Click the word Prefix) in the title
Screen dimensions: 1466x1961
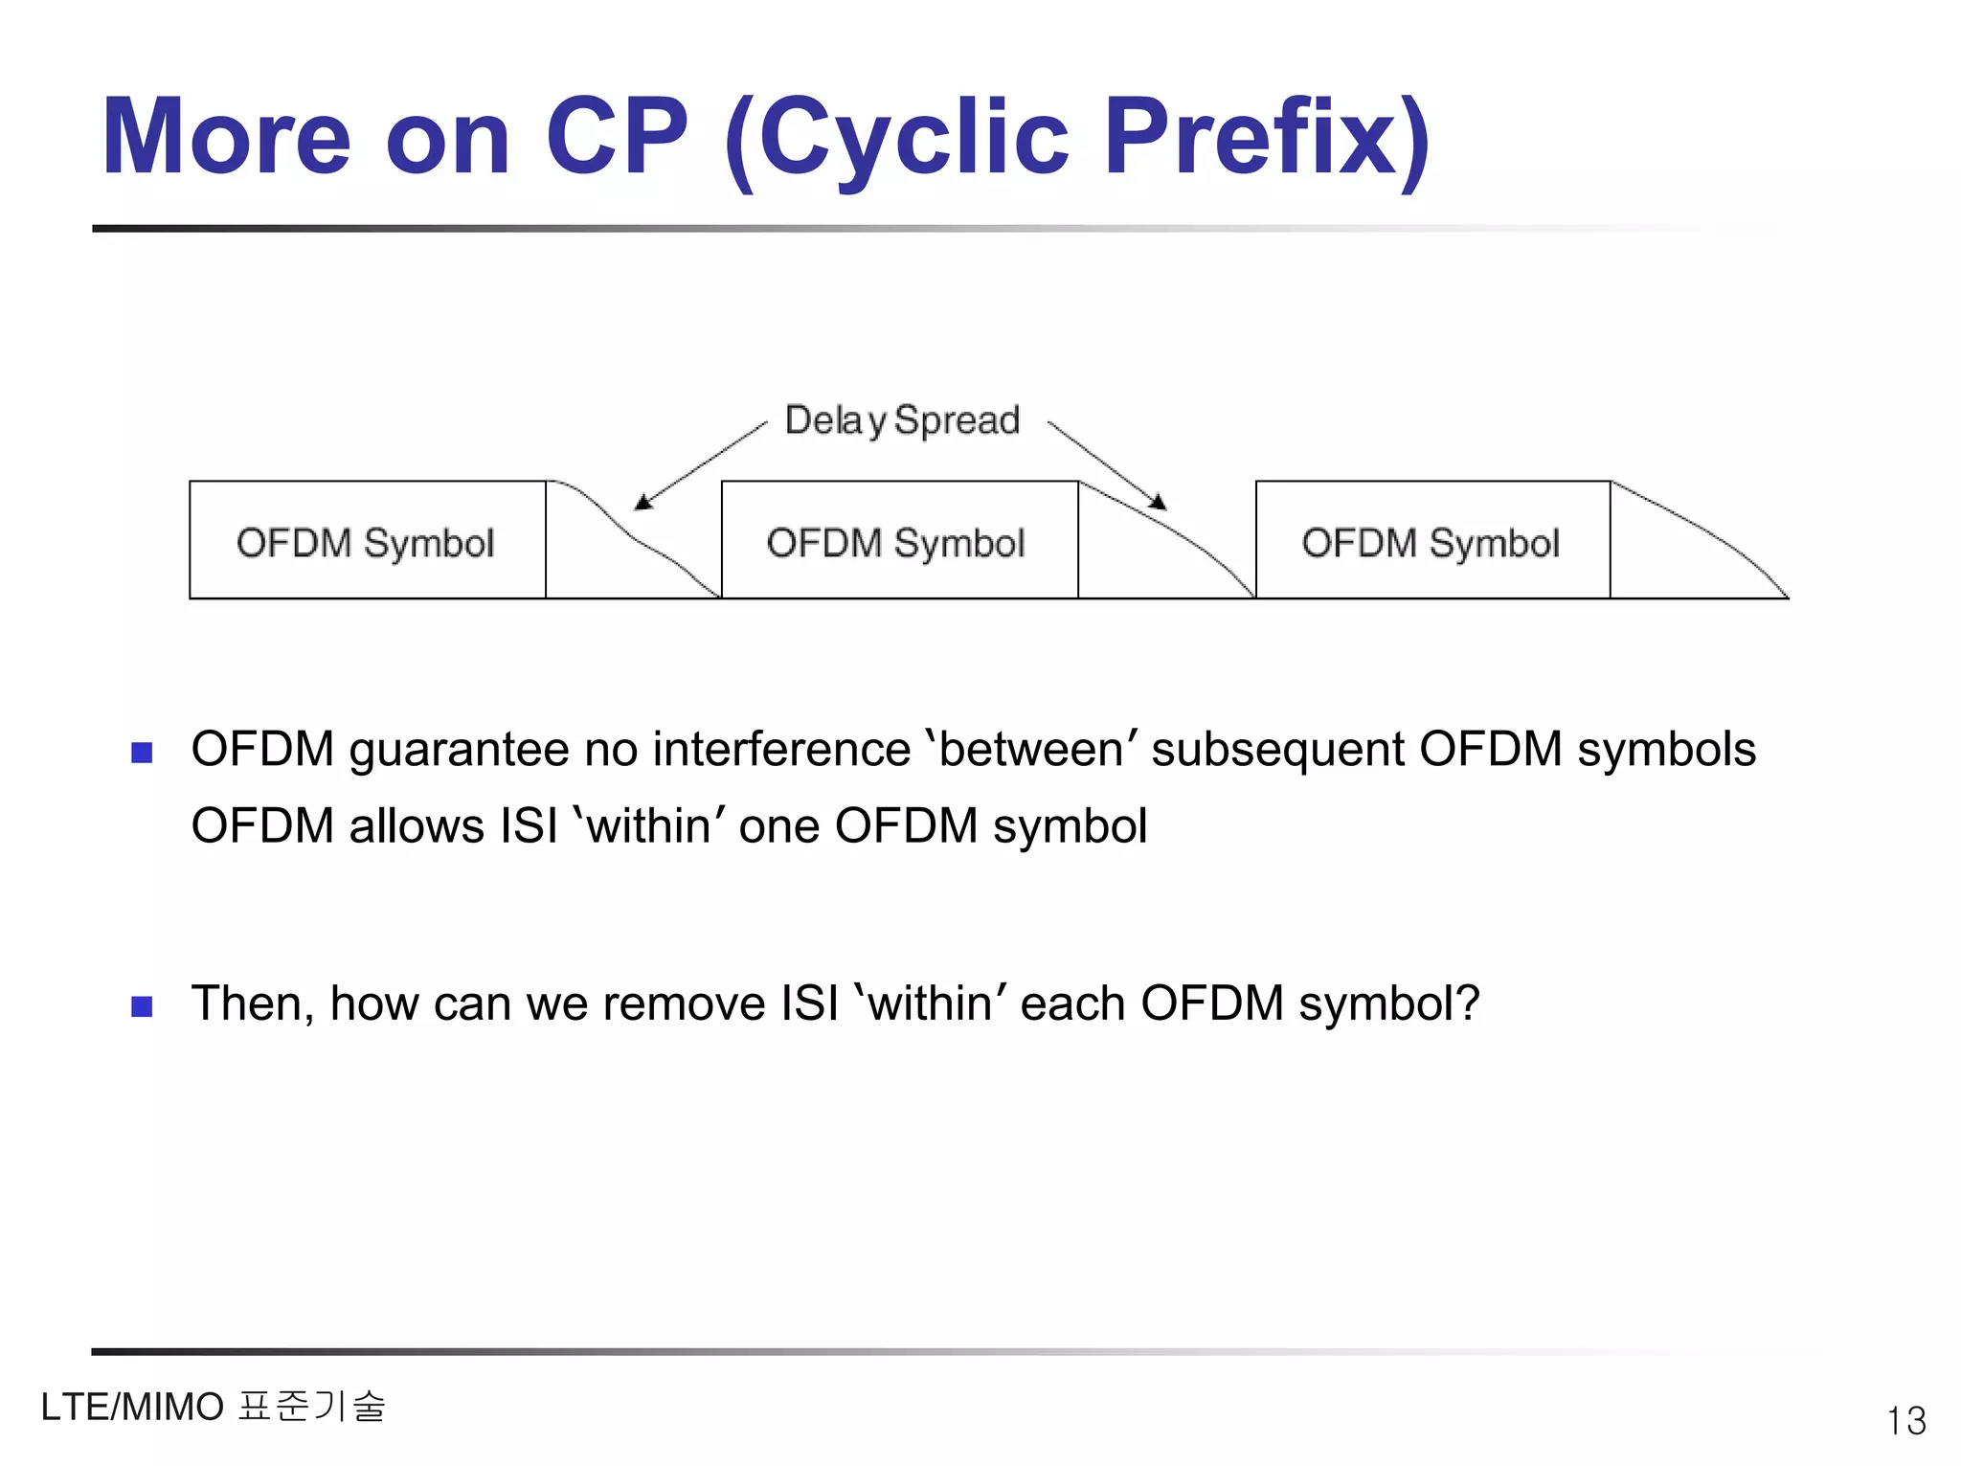pos(1266,139)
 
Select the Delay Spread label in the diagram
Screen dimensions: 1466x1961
pos(902,421)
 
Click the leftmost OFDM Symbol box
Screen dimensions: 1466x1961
pos(367,541)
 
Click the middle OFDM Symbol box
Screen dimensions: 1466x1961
pos(898,541)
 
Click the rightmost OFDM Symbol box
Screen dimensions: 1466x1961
pos(1431,541)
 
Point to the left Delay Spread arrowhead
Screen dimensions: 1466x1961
pos(642,502)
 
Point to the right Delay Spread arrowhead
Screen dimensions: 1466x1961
pos(1159,502)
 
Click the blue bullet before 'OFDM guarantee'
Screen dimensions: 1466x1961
pos(142,753)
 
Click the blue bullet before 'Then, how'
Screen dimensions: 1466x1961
pos(142,1006)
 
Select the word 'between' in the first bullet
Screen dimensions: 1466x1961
pos(1032,750)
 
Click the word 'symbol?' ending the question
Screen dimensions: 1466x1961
pos(1388,1004)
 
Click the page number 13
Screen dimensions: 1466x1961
pos(1905,1420)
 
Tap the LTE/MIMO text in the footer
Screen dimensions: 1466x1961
pos(132,1408)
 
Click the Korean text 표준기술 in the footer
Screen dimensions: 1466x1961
pos(311,1407)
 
